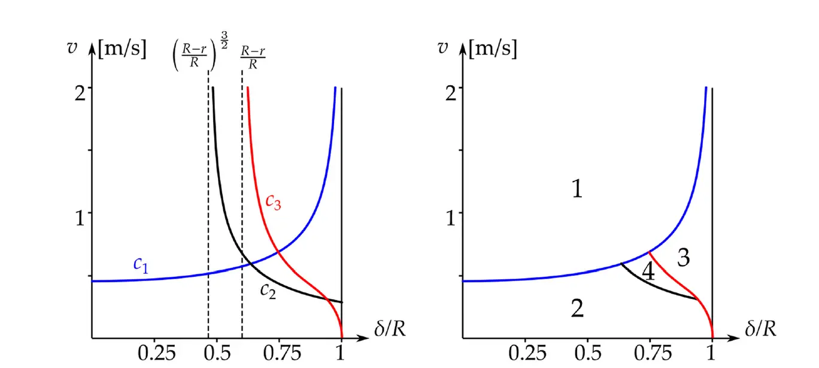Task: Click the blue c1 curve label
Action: pyautogui.click(x=140, y=265)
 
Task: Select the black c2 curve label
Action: pyautogui.click(x=268, y=291)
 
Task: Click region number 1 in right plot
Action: pyautogui.click(x=577, y=191)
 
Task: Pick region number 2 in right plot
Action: pyautogui.click(x=577, y=309)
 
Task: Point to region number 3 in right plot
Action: pyautogui.click(x=683, y=257)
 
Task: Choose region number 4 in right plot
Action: pyautogui.click(x=648, y=273)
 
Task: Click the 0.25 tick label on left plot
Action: pyautogui.click(x=156, y=353)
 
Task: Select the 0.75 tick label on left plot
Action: pyautogui.click(x=278, y=353)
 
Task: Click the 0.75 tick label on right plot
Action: pyautogui.click(x=649, y=353)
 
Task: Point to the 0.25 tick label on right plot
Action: pyautogui.click(x=527, y=353)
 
